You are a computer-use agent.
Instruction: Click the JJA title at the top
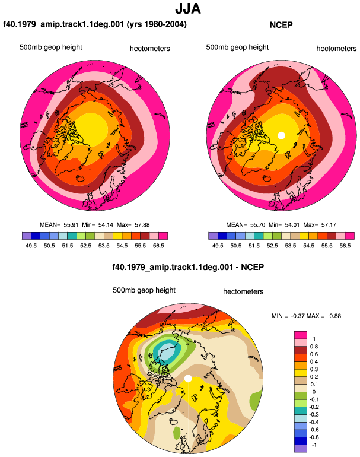point(188,9)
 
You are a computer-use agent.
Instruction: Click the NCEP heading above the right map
point(281,25)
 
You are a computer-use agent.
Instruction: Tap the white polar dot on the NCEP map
point(281,135)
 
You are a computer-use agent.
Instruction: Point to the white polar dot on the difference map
point(188,378)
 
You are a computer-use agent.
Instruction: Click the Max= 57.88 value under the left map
point(133,225)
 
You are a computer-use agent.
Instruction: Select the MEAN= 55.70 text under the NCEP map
point(246,225)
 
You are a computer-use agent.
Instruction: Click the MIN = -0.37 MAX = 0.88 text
point(306,316)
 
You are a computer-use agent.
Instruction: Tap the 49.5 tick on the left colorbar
point(31,246)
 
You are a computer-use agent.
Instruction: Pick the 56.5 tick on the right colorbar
point(345,246)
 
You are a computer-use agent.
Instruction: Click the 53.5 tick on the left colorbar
point(104,246)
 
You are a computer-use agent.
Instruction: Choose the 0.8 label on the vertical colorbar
point(314,347)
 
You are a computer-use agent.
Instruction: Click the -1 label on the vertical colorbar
point(314,445)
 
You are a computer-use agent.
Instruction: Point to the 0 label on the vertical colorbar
point(314,392)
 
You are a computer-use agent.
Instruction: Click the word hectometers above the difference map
point(243,292)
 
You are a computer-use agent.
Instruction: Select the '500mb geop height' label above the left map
point(50,47)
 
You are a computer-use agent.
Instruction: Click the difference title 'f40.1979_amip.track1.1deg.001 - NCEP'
point(188,267)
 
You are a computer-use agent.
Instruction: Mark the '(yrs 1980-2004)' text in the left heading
point(157,24)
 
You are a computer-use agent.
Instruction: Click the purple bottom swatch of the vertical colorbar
point(301,449)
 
